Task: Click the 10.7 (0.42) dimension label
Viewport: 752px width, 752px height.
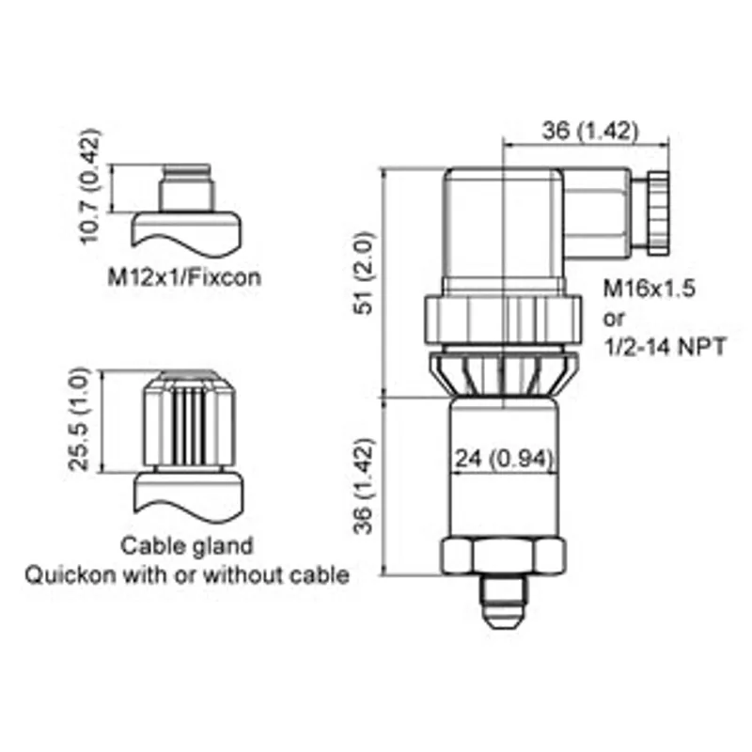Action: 89,186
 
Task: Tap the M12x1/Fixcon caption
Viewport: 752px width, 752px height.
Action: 184,277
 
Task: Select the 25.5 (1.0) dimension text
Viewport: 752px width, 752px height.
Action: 79,418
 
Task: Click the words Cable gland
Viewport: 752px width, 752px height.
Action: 186,546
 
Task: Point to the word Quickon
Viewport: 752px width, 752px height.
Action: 70,574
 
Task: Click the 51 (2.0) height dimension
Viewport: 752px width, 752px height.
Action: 363,273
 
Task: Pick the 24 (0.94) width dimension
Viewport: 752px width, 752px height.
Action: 504,459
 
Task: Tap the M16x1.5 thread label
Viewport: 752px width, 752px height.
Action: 649,289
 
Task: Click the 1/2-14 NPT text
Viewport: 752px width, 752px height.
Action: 665,346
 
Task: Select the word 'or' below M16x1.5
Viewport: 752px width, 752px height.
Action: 614,319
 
